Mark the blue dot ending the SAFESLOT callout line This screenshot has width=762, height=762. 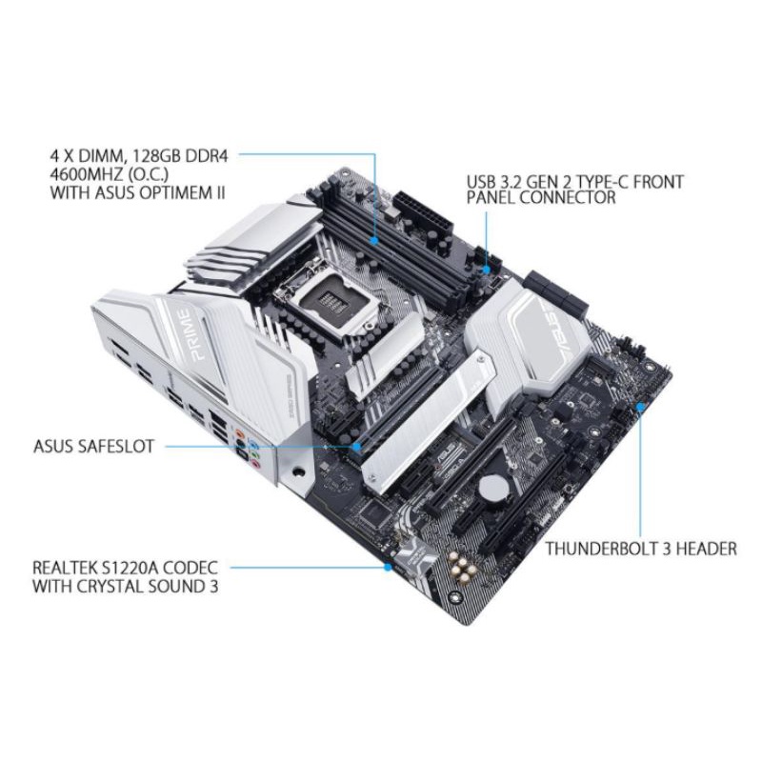coord(357,445)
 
